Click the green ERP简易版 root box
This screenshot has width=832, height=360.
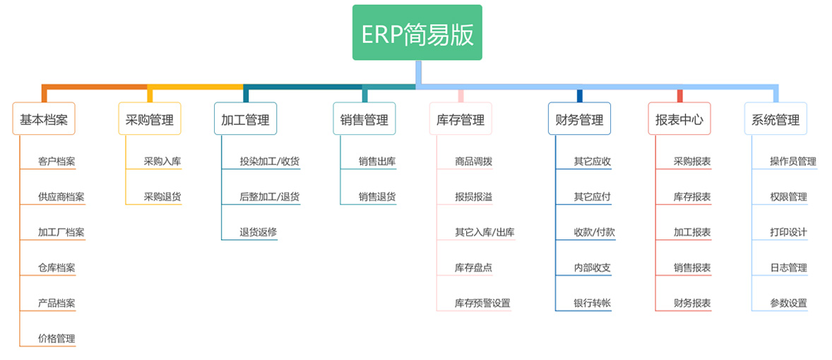point(417,32)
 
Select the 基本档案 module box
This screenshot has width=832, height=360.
point(44,118)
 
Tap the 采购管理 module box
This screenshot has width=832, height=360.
point(150,118)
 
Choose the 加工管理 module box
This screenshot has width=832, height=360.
point(246,118)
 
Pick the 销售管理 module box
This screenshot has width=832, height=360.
point(364,118)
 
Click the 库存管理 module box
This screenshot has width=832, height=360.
point(460,118)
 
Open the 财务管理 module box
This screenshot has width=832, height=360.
point(579,118)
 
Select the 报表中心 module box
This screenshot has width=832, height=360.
point(679,118)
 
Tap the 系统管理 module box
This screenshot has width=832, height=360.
point(775,118)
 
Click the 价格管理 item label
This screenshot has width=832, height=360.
point(57,338)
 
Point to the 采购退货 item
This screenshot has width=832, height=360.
point(162,197)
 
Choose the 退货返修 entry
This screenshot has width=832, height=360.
point(258,232)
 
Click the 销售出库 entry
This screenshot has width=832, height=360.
point(377,161)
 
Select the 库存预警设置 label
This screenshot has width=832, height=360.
point(482,304)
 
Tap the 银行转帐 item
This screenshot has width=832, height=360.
point(592,304)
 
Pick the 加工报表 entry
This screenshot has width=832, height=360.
point(692,232)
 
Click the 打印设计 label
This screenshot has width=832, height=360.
point(788,232)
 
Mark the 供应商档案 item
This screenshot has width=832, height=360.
point(61,197)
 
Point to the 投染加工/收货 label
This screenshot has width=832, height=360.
point(270,161)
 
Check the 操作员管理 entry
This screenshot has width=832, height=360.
point(793,161)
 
